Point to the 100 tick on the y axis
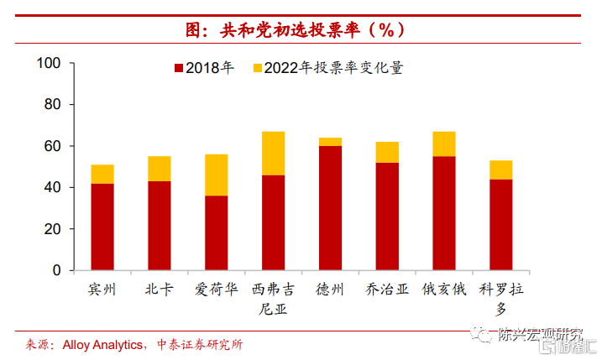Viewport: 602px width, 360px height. click(x=51, y=64)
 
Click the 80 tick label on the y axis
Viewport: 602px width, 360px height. click(x=55, y=105)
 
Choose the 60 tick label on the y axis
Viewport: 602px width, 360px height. click(x=55, y=146)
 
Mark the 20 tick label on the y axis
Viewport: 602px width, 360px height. click(x=55, y=229)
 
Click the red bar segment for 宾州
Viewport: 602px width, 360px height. click(x=102, y=227)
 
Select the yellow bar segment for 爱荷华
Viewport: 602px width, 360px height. click(x=217, y=175)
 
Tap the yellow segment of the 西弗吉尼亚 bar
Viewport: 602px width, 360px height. click(x=274, y=154)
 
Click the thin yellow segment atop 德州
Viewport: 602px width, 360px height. click(x=330, y=142)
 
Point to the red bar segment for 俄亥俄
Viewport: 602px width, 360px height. click(x=444, y=213)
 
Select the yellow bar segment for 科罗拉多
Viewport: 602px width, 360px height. click(x=501, y=170)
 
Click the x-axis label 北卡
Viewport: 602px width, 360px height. click(x=160, y=290)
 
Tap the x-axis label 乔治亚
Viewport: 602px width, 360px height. click(x=387, y=290)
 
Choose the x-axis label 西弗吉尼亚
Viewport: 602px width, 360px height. click(x=274, y=299)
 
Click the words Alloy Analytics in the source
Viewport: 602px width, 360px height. click(x=99, y=345)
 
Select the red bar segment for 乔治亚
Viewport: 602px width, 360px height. click(x=387, y=217)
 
